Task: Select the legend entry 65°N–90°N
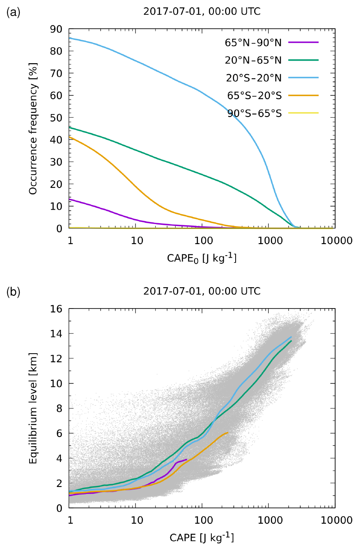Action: pyautogui.click(x=253, y=42)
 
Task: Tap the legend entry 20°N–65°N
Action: pyautogui.click(x=253, y=60)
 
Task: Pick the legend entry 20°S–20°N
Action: pyautogui.click(x=253, y=78)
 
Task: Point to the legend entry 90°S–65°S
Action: pyautogui.click(x=255, y=114)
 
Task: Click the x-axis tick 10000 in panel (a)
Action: pyautogui.click(x=335, y=240)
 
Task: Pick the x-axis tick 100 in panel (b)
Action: pyautogui.click(x=202, y=520)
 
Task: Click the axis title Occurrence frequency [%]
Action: pyautogui.click(x=34, y=128)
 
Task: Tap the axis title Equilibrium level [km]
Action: pyautogui.click(x=34, y=408)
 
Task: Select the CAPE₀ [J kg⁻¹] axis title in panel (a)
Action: pyautogui.click(x=202, y=258)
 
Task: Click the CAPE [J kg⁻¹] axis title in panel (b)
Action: pyautogui.click(x=202, y=537)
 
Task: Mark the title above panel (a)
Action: pyautogui.click(x=202, y=12)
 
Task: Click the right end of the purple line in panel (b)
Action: pyautogui.click(x=187, y=460)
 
